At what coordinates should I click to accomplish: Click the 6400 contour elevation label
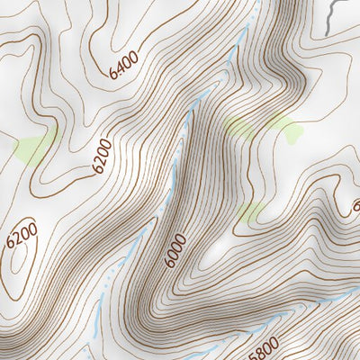[x=124, y=67]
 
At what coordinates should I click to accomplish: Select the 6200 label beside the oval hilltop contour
[x=21, y=236]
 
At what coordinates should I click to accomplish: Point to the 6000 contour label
[x=175, y=250]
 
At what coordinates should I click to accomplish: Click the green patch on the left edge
[x=31, y=148]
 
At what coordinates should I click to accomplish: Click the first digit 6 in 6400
[x=114, y=76]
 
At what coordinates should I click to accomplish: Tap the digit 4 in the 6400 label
[x=121, y=69]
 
